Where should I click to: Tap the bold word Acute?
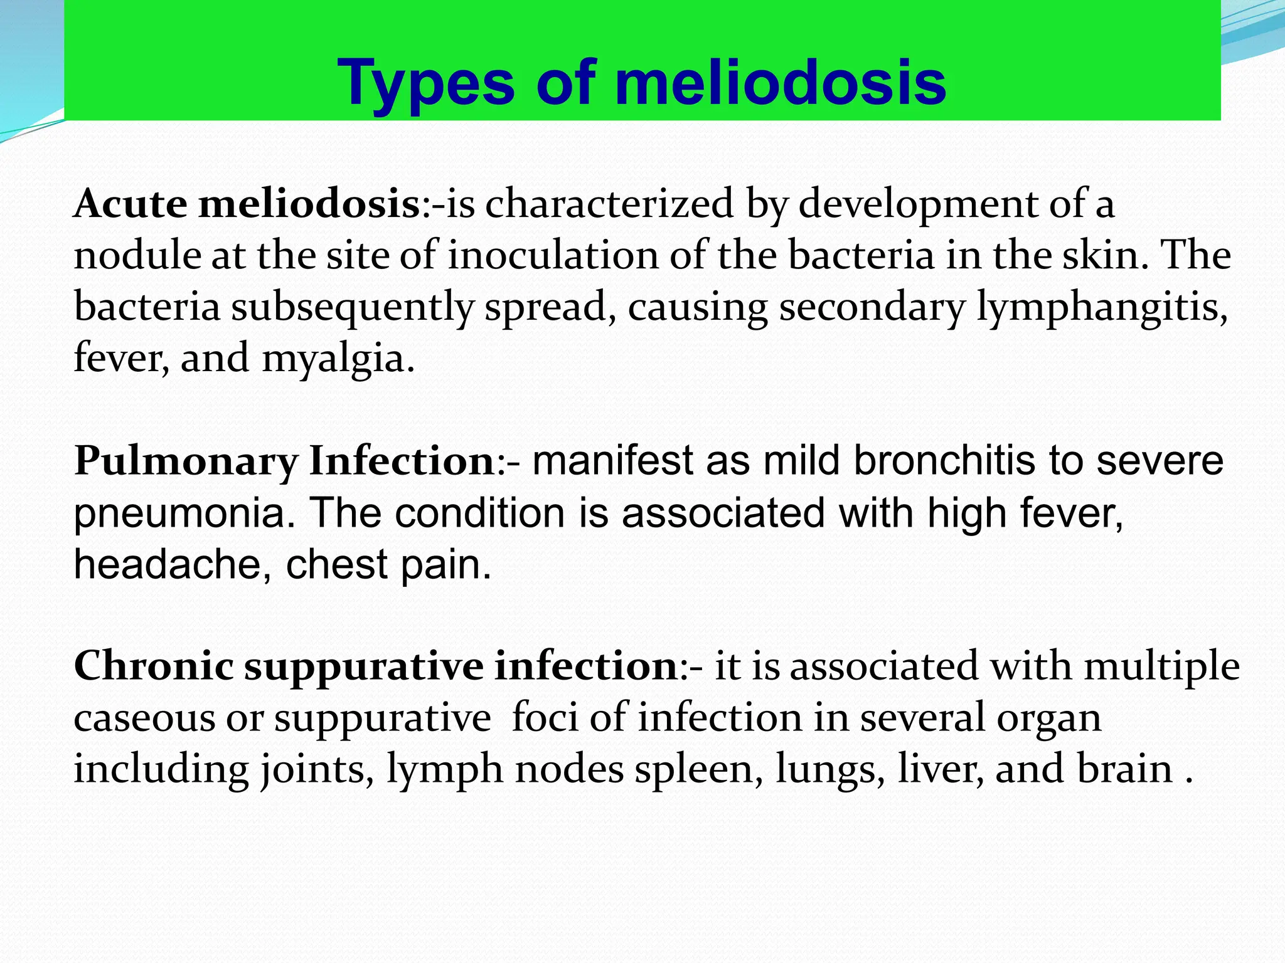click(131, 204)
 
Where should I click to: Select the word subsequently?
click(352, 308)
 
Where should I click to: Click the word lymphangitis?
click(1102, 308)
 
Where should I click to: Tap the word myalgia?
click(338, 360)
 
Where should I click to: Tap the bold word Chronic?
click(154, 666)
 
